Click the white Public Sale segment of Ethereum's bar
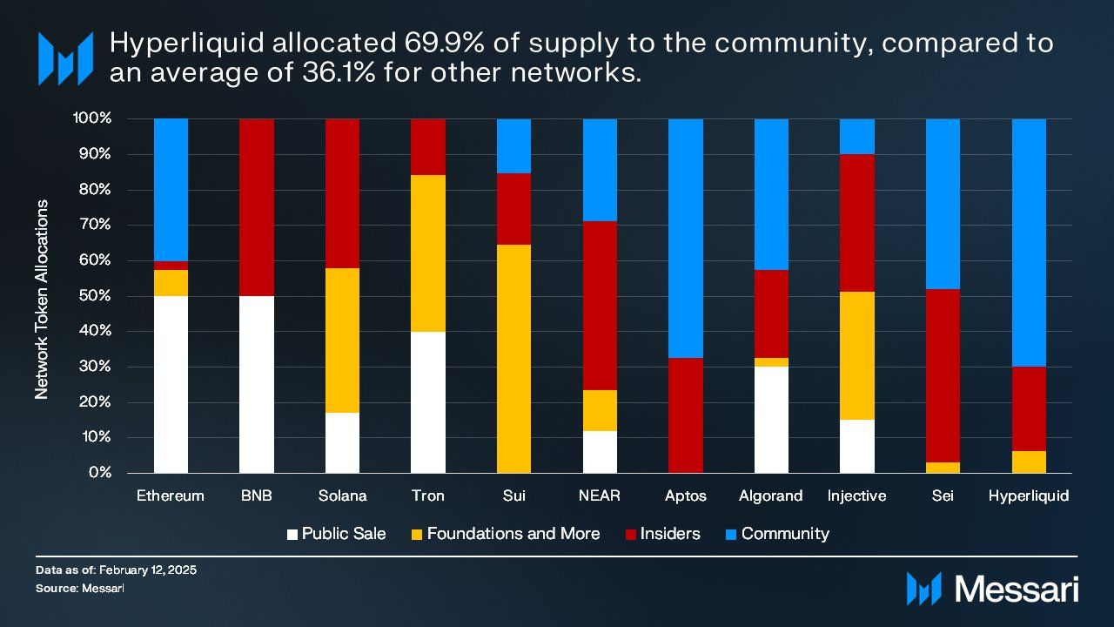pos(171,384)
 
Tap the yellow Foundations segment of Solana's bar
pos(342,340)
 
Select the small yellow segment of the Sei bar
pos(943,468)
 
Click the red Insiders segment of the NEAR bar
pos(600,306)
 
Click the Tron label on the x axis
pos(427,496)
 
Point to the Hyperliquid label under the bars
pos(1029,496)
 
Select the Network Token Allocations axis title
pos(42,300)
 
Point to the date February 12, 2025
pos(147,570)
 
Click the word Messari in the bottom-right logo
pos(1017,589)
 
